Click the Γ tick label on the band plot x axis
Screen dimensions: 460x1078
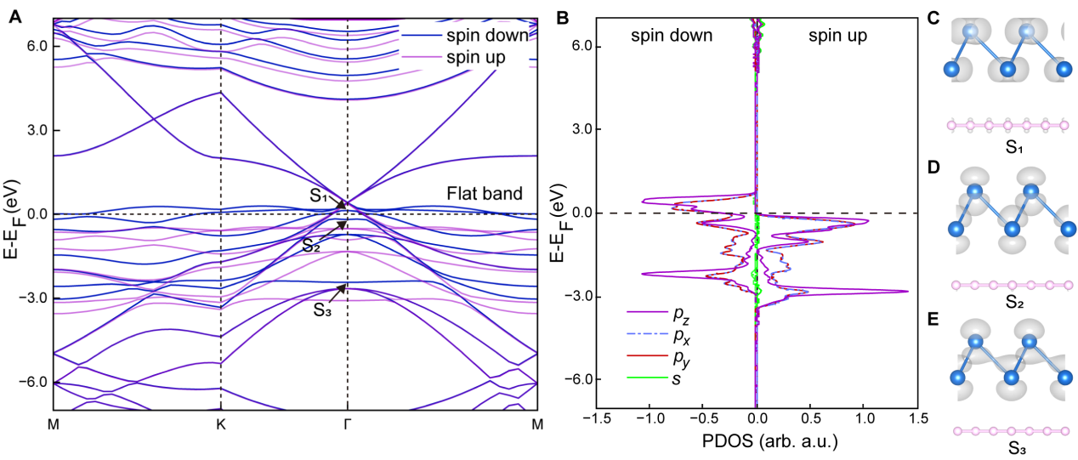point(348,423)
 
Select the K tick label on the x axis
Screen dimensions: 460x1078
point(221,423)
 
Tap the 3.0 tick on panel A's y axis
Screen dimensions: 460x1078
point(31,130)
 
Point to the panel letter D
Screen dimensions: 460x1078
point(933,167)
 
